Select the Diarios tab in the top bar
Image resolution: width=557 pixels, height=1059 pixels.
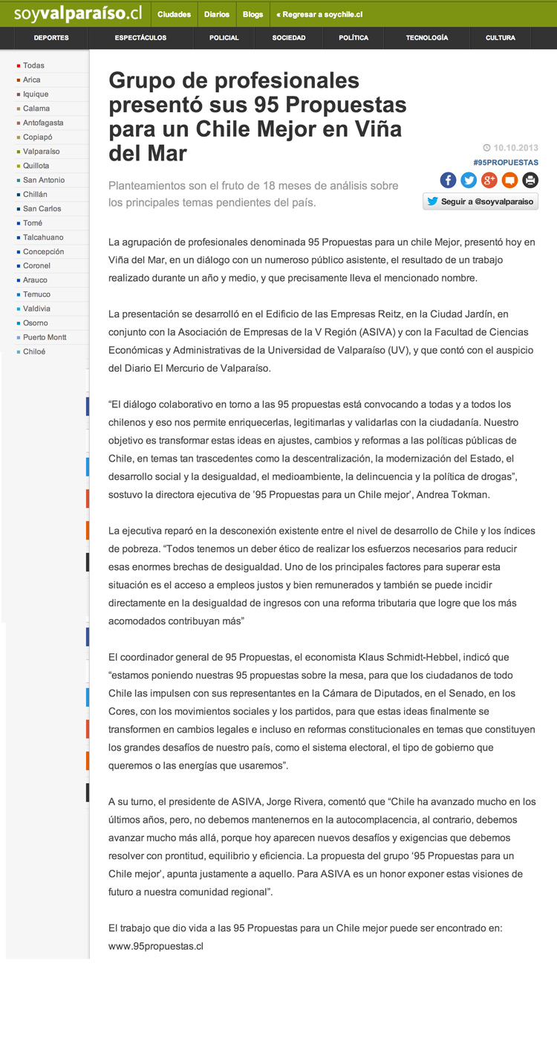217,14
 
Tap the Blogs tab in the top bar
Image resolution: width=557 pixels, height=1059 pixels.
253,14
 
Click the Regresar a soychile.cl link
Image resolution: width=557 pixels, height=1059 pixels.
319,14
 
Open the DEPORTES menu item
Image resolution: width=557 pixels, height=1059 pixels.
51,38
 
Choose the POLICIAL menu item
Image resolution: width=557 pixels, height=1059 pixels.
224,38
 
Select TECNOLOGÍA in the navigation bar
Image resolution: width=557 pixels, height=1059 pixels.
426,38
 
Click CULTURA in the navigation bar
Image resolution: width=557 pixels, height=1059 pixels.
500,38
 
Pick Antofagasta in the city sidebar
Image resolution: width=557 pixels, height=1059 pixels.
43,123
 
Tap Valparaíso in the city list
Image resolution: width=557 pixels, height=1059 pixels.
41,152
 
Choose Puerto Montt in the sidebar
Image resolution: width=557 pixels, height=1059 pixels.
45,337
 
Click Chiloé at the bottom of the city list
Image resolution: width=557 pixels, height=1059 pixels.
34,352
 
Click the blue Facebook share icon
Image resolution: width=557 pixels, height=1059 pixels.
448,180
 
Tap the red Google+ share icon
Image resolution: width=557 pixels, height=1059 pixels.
489,180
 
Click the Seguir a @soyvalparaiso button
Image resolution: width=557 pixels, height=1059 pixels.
481,201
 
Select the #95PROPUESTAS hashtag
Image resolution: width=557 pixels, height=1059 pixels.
505,162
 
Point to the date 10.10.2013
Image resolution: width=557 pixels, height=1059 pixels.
515,147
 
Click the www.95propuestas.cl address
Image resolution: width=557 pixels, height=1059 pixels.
156,946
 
